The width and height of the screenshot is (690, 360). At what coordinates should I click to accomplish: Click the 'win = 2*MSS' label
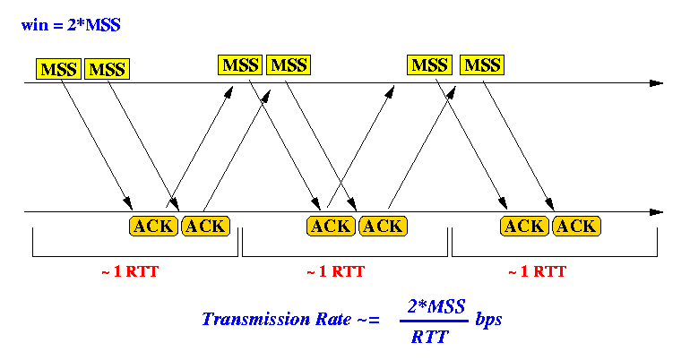pyautogui.click(x=71, y=24)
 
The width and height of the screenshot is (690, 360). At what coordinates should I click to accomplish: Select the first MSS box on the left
pyautogui.click(x=58, y=69)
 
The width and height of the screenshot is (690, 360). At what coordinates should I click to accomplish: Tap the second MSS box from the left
pyautogui.click(x=107, y=69)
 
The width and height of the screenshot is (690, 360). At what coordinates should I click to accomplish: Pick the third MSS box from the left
pyautogui.click(x=240, y=65)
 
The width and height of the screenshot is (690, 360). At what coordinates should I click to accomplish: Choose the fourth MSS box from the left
pyautogui.click(x=289, y=65)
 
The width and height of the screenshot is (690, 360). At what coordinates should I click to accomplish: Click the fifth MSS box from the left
pyautogui.click(x=429, y=65)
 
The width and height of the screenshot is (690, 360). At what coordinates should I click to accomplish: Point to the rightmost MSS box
pyautogui.click(x=482, y=65)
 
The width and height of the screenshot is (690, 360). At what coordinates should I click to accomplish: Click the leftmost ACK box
pyautogui.click(x=153, y=227)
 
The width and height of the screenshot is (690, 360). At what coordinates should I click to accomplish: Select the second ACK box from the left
pyautogui.click(x=205, y=227)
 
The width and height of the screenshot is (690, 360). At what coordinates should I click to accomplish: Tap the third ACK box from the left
pyautogui.click(x=331, y=227)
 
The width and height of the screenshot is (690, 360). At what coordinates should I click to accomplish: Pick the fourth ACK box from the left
pyautogui.click(x=383, y=227)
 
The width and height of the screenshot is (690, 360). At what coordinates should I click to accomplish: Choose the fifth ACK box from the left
pyautogui.click(x=524, y=227)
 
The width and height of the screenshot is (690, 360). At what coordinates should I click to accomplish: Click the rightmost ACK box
pyautogui.click(x=576, y=227)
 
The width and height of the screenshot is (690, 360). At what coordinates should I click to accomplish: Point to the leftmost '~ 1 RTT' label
pyautogui.click(x=130, y=271)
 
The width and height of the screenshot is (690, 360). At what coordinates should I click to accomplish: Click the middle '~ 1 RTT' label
pyautogui.click(x=335, y=271)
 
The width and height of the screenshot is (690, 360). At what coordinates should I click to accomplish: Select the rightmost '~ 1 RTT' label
pyautogui.click(x=537, y=271)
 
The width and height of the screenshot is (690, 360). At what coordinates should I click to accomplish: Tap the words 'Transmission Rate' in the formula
pyautogui.click(x=276, y=319)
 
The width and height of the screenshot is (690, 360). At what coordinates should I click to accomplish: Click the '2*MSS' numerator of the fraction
pyautogui.click(x=436, y=306)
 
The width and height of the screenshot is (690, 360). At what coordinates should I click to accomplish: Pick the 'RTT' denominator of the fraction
pyautogui.click(x=429, y=337)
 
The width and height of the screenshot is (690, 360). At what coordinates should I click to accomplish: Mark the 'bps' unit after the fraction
pyautogui.click(x=488, y=320)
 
